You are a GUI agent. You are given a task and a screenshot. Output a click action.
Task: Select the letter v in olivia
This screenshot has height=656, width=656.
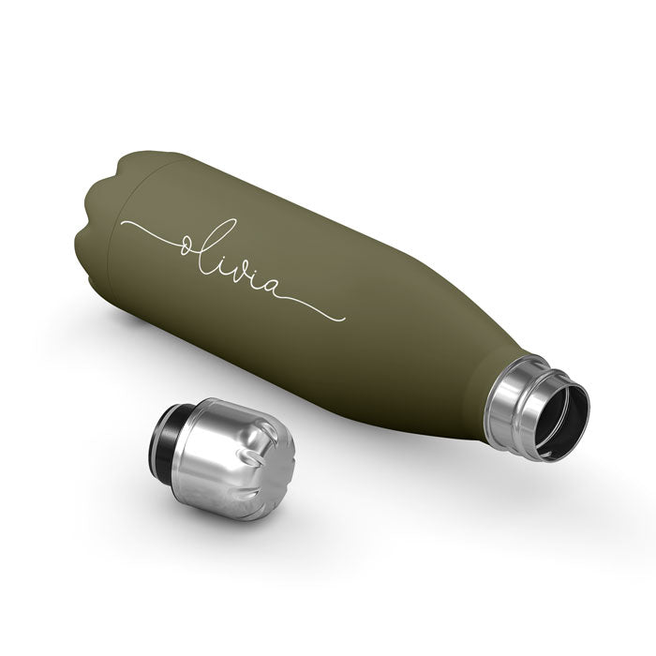point(248,273)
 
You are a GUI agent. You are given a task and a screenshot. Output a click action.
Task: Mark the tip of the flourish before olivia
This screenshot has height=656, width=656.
point(122,223)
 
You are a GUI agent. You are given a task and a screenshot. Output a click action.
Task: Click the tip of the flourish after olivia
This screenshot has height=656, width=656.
point(344,321)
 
